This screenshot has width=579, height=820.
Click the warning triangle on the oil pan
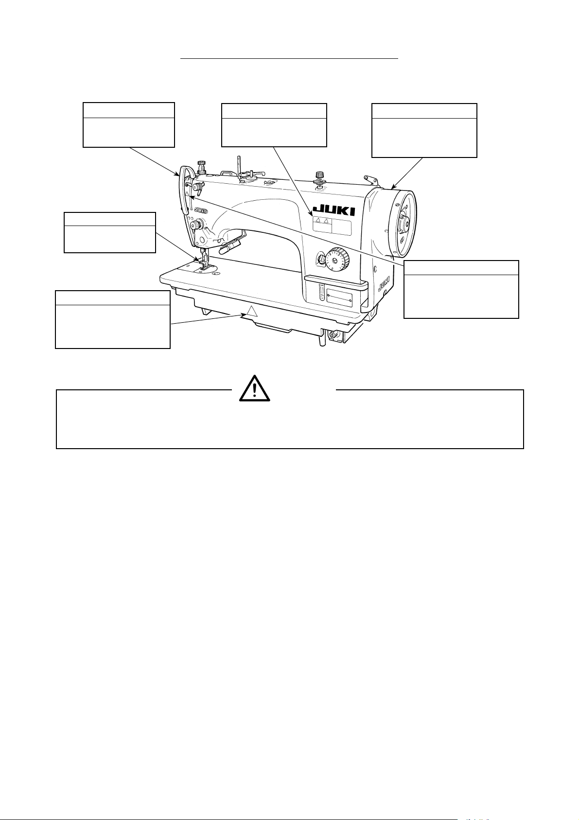click(x=251, y=312)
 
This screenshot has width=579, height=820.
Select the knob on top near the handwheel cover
click(x=319, y=176)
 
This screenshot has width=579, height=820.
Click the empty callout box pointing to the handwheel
click(x=424, y=130)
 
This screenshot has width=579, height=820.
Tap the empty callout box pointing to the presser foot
click(x=110, y=232)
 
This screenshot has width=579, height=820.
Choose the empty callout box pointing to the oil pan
click(x=113, y=320)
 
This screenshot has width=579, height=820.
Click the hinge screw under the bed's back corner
click(x=334, y=335)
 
